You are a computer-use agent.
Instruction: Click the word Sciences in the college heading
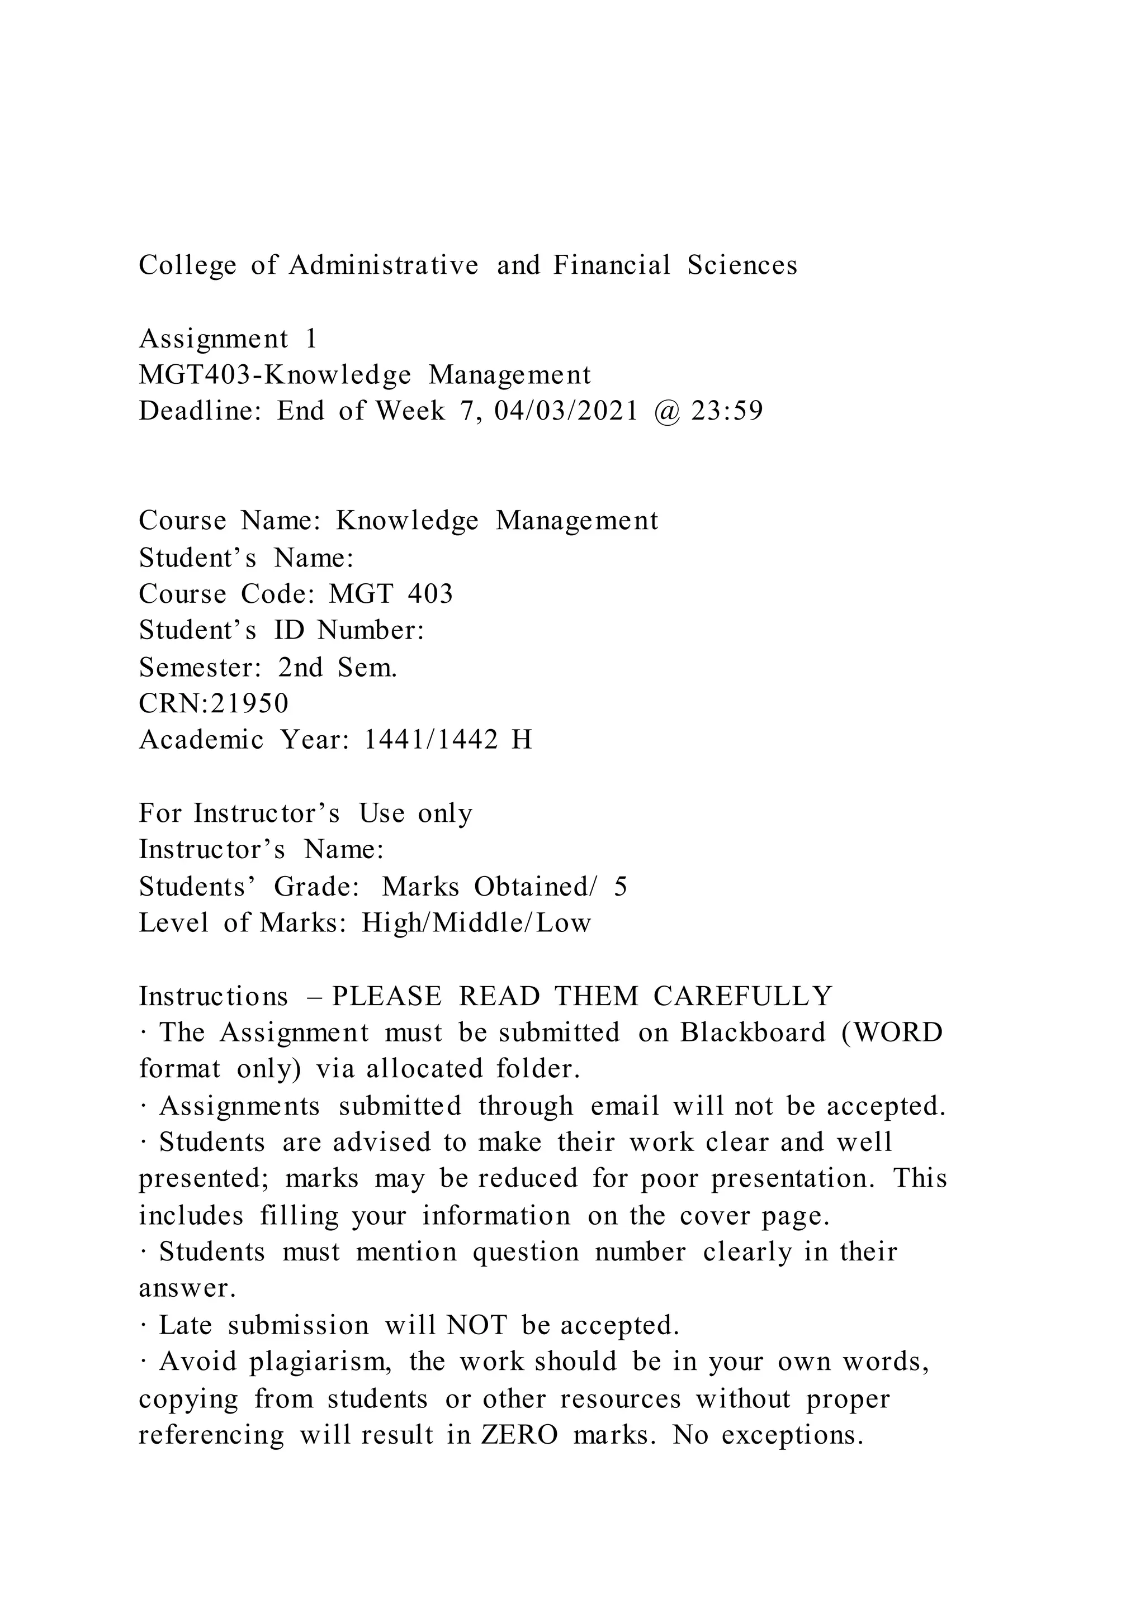click(742, 266)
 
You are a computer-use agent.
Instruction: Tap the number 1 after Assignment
click(310, 339)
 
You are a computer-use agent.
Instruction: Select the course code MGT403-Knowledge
click(275, 375)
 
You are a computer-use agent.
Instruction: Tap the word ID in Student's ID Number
click(288, 630)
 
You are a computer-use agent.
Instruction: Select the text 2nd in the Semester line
click(300, 667)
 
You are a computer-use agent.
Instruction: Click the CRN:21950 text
click(214, 703)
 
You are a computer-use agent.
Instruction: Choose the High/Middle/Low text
click(476, 923)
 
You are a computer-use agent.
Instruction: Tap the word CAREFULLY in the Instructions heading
click(742, 997)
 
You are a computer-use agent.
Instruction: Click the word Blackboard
click(753, 1033)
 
